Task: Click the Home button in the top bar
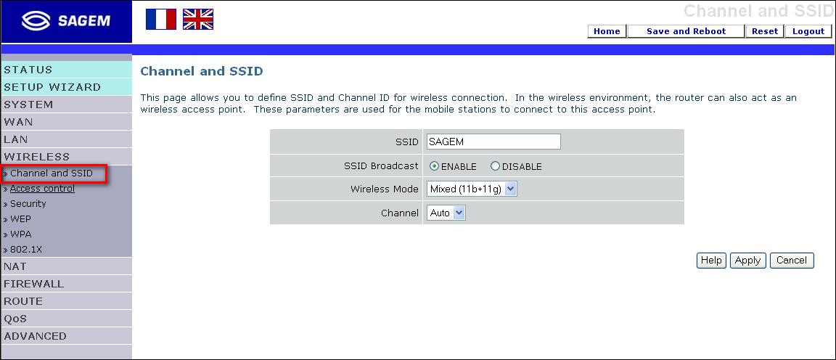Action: [607, 31]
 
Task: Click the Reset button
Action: [765, 31]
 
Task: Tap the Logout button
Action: [808, 31]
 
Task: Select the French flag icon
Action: [161, 19]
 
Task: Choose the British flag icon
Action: [198, 19]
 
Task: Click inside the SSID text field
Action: [493, 142]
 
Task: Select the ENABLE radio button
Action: [435, 166]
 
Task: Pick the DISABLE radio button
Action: [495, 166]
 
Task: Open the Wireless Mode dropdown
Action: [472, 189]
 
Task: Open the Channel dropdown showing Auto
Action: [446, 213]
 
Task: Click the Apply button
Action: [747, 261]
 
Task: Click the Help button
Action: [711, 261]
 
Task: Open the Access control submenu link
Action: [42, 189]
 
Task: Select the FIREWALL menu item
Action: [33, 284]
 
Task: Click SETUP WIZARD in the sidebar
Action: [52, 87]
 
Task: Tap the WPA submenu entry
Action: [21, 234]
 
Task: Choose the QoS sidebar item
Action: [15, 319]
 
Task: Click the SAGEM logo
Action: [66, 21]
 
